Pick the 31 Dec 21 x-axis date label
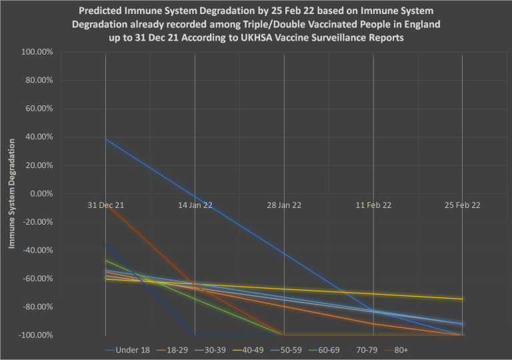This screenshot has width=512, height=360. pyautogui.click(x=106, y=205)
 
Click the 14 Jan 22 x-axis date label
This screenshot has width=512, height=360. pyautogui.click(x=195, y=205)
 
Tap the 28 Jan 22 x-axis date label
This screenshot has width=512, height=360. pyautogui.click(x=285, y=205)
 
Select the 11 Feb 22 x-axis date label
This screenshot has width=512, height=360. pyautogui.click(x=373, y=205)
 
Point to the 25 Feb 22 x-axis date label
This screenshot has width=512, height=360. pyautogui.click(x=463, y=205)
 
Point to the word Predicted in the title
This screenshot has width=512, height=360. pyautogui.click(x=102, y=11)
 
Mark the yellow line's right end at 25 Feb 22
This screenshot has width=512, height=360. pyautogui.click(x=463, y=299)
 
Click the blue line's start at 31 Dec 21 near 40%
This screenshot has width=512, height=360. pyautogui.click(x=106, y=139)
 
